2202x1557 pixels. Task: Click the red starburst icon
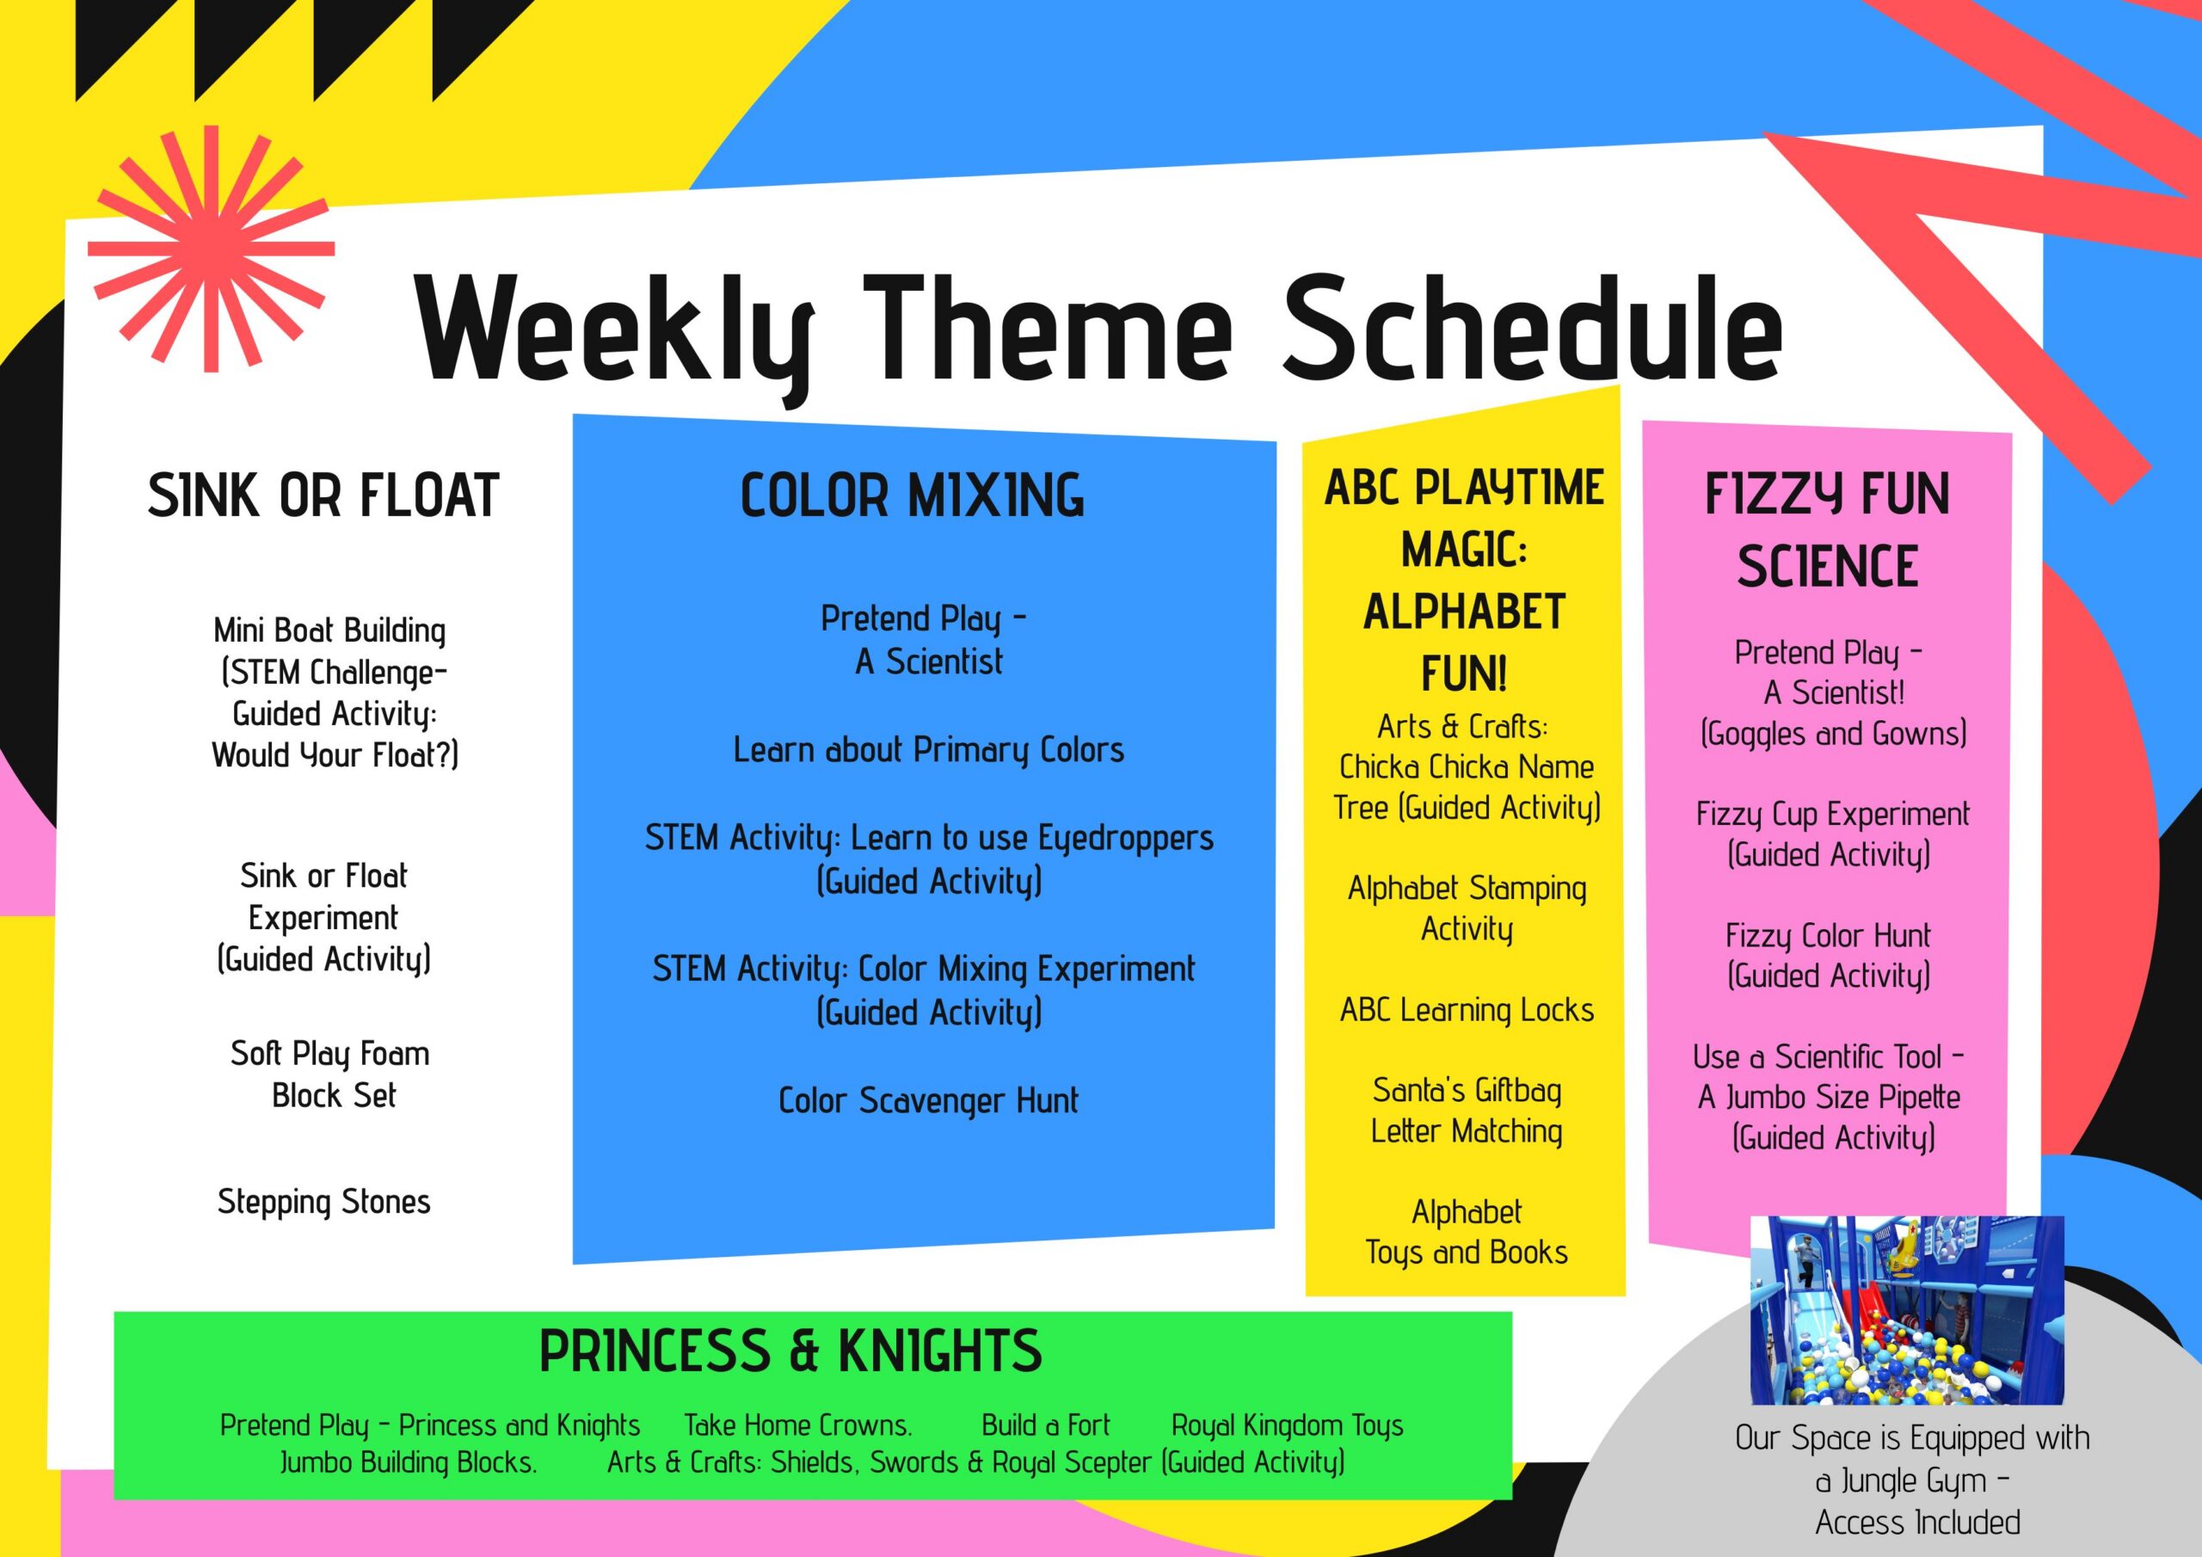(211, 249)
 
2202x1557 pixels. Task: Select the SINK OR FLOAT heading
(323, 496)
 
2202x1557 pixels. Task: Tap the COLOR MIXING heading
(912, 496)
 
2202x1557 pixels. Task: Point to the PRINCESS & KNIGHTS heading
(790, 1351)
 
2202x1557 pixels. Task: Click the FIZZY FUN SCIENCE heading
(1827, 530)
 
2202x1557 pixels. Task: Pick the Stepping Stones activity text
(324, 1202)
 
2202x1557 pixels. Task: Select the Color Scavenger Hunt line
(928, 1101)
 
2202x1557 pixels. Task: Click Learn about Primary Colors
(928, 750)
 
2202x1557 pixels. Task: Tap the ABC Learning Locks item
(1467, 1010)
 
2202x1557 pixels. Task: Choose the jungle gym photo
(1907, 1310)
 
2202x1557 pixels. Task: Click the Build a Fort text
(1045, 1425)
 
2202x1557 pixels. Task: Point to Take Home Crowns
(798, 1425)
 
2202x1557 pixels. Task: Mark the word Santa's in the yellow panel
(1418, 1090)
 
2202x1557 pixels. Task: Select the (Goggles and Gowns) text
(1833, 734)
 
